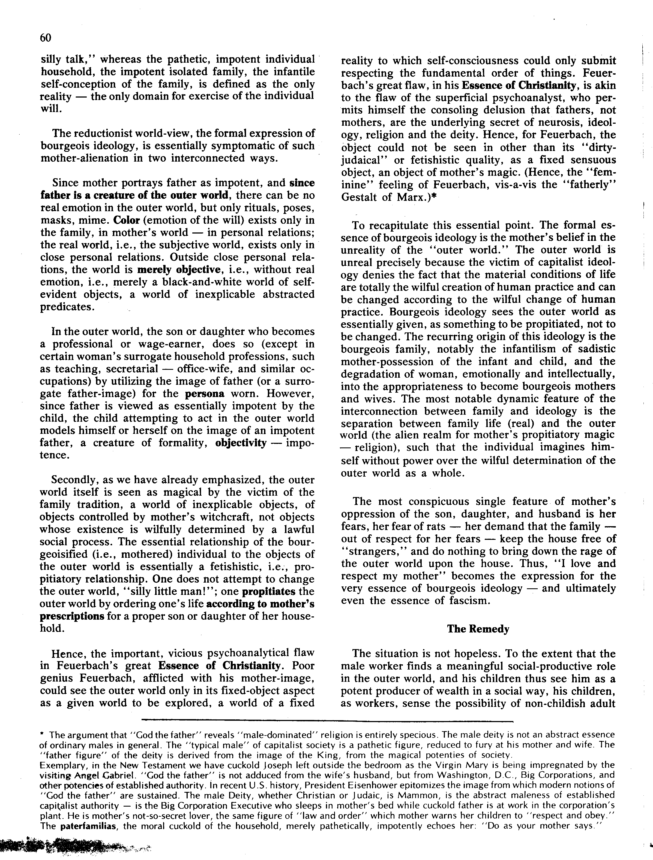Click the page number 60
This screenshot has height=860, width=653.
(x=46, y=38)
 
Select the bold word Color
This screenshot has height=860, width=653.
(x=127, y=220)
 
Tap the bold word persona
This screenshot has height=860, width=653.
(x=205, y=393)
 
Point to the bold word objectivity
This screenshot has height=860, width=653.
(x=241, y=443)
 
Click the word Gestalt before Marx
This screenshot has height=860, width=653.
(x=360, y=197)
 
